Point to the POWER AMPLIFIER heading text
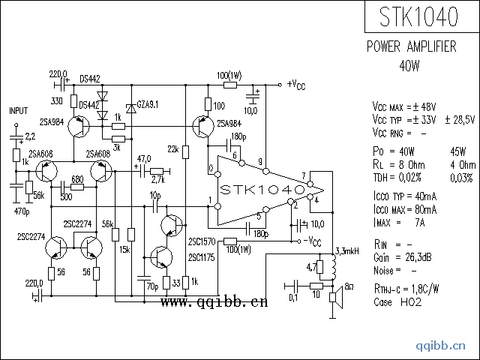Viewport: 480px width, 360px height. point(411,46)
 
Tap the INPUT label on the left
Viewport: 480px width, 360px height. point(18,110)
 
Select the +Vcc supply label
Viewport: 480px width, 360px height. point(295,84)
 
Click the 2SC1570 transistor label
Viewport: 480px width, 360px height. point(202,241)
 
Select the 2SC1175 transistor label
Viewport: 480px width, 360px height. point(202,258)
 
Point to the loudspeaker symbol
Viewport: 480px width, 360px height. point(338,299)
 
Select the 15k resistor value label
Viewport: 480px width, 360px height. point(124,249)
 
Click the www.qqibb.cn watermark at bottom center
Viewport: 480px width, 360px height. point(213,303)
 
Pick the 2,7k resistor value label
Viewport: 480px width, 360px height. point(157,180)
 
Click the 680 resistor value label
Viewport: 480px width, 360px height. point(76,179)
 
